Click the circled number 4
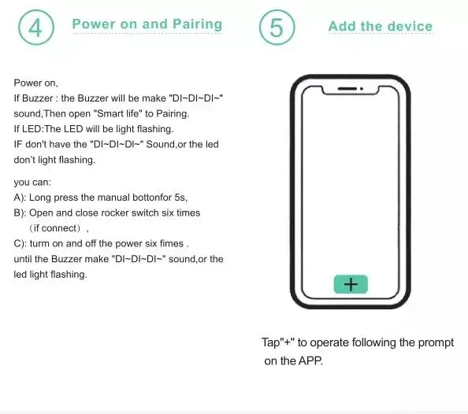coord(36,28)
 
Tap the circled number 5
coord(277,28)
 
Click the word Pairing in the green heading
coord(197,24)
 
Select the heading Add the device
coord(381,26)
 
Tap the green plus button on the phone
coord(351,284)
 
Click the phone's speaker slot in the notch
coord(347,89)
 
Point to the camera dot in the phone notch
coord(362,89)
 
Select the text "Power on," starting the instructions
coord(35,83)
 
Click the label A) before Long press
coord(20,198)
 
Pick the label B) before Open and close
coord(20,213)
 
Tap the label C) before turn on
coord(20,244)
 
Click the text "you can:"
coord(32,183)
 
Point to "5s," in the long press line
coord(181,198)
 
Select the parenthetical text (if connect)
coord(55,228)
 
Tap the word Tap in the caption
coord(270,342)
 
